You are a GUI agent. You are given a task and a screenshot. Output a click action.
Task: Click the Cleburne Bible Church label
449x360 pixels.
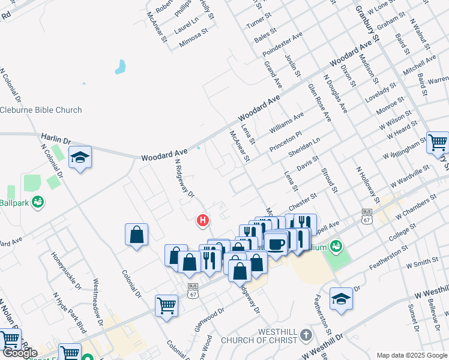point(41,110)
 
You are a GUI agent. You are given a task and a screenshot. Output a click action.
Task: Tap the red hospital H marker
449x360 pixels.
point(203,221)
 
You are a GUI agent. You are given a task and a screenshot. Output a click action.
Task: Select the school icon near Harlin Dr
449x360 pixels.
point(80,158)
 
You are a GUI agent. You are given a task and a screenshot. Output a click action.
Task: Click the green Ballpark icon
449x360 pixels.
point(37,202)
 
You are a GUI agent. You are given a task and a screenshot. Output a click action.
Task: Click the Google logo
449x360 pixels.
point(19,353)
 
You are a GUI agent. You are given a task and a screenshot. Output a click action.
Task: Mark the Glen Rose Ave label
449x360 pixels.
point(319,102)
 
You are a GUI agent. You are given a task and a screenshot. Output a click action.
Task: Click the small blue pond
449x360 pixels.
point(121,66)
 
